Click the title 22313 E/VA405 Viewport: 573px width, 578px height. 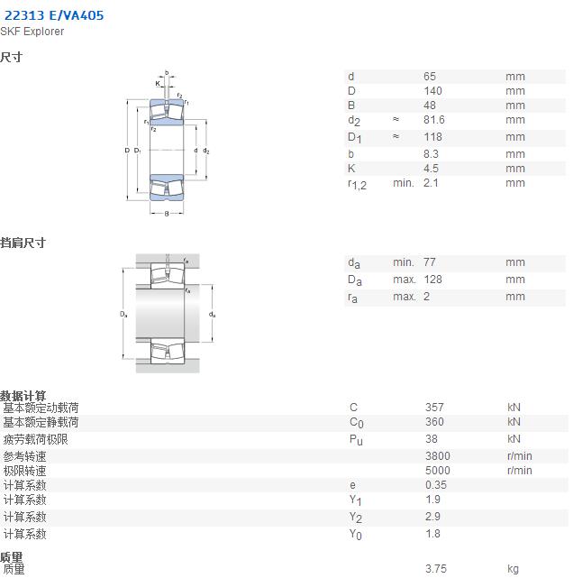[54, 15]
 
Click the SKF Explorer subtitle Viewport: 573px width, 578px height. [32, 32]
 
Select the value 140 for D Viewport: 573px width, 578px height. [432, 91]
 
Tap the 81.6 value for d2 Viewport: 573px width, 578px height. [433, 120]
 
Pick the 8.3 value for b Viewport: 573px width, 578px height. [431, 153]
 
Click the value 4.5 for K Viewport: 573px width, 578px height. [431, 169]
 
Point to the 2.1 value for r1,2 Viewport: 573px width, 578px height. [431, 183]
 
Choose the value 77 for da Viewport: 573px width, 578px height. [430, 262]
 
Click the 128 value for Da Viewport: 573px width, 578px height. [432, 280]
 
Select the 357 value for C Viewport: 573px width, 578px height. [434, 408]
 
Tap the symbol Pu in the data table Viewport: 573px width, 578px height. [356, 440]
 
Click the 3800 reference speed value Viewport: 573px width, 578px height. [438, 456]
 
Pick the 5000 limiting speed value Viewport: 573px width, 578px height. [438, 471]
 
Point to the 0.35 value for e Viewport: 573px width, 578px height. [436, 485]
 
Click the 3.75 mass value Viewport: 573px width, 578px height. [436, 568]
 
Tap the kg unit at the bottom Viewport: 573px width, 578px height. [513, 569]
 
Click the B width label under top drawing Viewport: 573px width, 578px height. [167, 214]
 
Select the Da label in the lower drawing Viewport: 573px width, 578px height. [123, 314]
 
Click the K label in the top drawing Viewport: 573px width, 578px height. [158, 83]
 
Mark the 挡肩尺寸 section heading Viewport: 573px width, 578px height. [23, 243]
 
